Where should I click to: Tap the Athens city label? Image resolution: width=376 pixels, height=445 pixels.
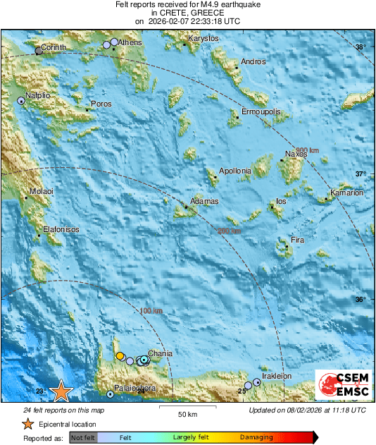130,43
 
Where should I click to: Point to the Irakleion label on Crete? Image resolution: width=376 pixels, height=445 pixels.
277,376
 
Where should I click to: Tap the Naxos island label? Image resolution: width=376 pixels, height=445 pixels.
296,154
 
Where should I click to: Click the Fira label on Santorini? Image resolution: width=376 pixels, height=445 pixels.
297,240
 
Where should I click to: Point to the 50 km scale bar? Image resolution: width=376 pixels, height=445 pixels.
186,408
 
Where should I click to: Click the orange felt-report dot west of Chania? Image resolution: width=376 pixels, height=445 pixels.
120,355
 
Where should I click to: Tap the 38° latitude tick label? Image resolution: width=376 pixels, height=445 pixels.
360,47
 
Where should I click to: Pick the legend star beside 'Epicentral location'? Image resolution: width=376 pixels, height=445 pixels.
27,424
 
